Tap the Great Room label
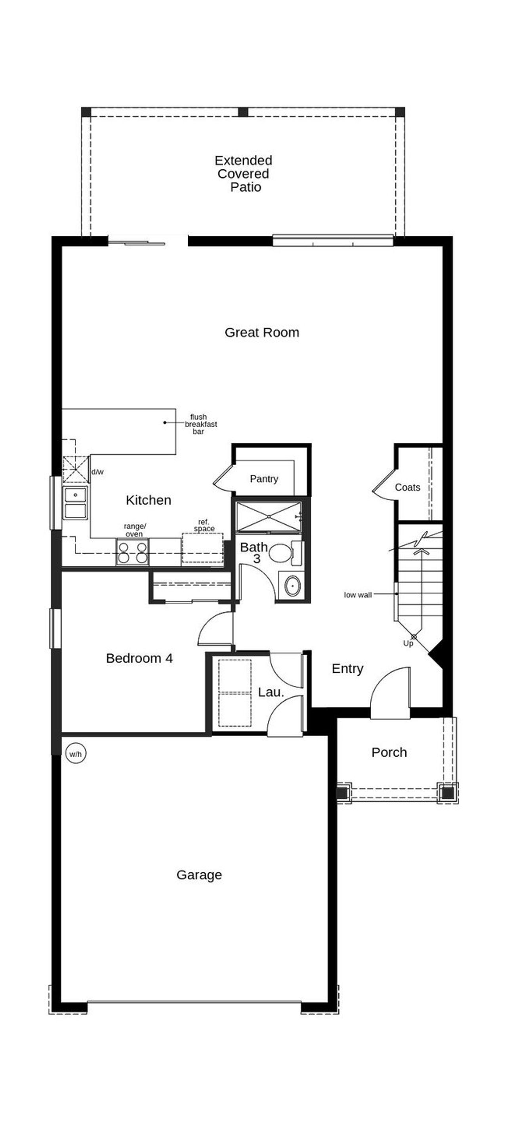pyautogui.click(x=261, y=333)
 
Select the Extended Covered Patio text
pyautogui.click(x=243, y=173)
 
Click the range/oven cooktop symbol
pyautogui.click(x=133, y=552)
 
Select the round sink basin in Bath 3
pyautogui.click(x=293, y=586)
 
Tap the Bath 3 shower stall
pyautogui.click(x=269, y=517)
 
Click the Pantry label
pyautogui.click(x=264, y=479)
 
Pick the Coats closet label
pyautogui.click(x=407, y=487)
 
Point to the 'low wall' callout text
pyautogui.click(x=358, y=595)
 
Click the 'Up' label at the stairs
pyautogui.click(x=408, y=643)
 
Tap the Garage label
pyautogui.click(x=199, y=875)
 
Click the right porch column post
pyautogui.click(x=447, y=792)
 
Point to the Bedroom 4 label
pyautogui.click(x=139, y=659)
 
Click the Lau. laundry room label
pyautogui.click(x=271, y=692)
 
